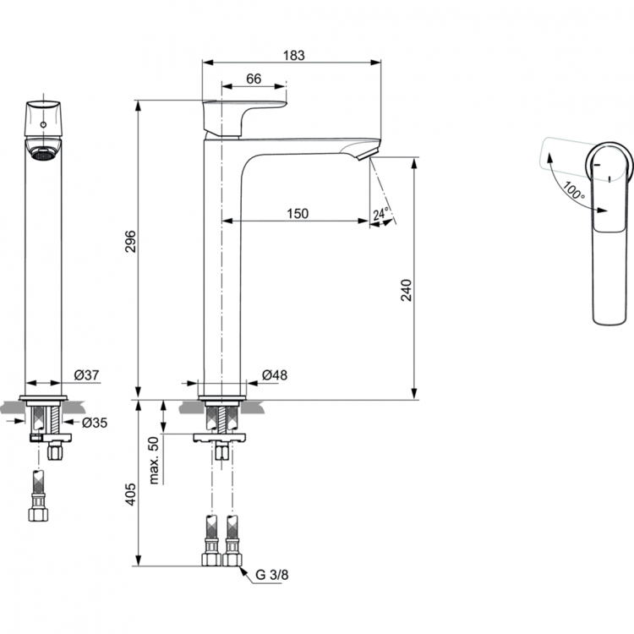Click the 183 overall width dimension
[x=292, y=55]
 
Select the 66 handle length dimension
[x=253, y=78]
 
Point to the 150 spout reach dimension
[x=297, y=215]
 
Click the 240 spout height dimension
[x=407, y=290]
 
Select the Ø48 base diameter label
[x=272, y=374]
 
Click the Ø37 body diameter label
[x=87, y=374]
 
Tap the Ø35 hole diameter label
[x=95, y=422]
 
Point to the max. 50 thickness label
[x=155, y=461]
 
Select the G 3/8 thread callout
[x=272, y=576]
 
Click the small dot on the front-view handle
[x=43, y=124]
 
